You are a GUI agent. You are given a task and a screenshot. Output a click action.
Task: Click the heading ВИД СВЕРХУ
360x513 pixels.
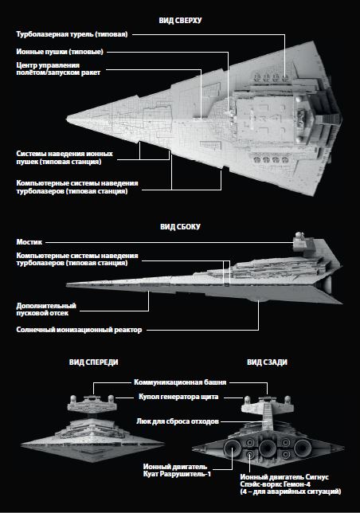pos(180,20)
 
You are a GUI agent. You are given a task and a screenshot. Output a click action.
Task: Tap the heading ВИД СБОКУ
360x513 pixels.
pos(180,227)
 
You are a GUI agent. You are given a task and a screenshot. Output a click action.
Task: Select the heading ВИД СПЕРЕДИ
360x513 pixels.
pos(93,362)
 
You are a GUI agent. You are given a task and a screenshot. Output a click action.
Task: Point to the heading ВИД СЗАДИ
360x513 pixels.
pos(267,362)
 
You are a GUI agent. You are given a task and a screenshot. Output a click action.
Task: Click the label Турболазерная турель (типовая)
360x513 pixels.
pos(72,34)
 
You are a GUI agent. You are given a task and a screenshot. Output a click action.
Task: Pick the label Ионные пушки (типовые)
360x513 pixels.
pos(60,52)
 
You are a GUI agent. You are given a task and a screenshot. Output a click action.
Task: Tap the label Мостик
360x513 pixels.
pos(29,242)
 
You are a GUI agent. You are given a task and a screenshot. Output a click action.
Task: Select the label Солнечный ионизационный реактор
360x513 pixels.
pos(79,330)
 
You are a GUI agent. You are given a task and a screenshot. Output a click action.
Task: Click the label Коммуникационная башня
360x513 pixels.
pos(180,382)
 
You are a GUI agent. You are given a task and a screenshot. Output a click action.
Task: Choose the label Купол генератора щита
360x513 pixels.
pos(178,397)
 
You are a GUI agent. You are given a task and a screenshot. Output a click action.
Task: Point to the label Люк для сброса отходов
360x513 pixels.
pos(178,421)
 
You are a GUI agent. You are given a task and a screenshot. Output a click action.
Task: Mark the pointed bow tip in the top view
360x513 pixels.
pos(67,119)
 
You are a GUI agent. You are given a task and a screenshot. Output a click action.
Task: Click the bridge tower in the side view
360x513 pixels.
pos(299,242)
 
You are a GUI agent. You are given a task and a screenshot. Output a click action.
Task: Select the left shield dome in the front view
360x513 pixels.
pos(73,399)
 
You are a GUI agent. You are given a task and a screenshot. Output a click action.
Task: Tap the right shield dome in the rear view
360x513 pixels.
pos(288,399)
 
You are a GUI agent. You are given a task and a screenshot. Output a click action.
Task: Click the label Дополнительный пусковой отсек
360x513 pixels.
pos(46,310)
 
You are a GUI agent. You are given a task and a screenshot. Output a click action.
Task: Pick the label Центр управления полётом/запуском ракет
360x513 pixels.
pos(58,69)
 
